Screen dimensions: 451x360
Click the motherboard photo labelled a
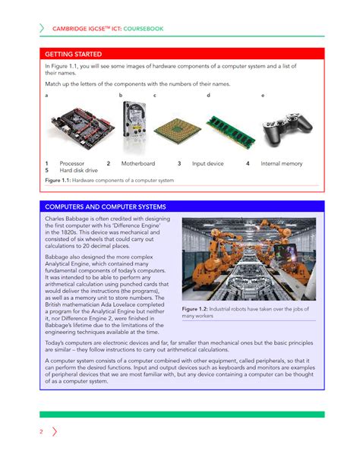(76, 128)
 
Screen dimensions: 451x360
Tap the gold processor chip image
(177, 130)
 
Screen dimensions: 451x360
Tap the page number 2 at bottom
(41, 432)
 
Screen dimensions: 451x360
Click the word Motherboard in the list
(137, 163)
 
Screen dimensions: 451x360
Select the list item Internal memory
(282, 163)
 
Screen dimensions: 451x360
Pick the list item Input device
(207, 163)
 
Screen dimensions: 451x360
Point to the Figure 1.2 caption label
(198, 310)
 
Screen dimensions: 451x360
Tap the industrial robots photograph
(251, 259)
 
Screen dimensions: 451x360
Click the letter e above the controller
(263, 96)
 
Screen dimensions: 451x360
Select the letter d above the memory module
(208, 96)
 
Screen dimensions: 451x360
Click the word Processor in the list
(72, 163)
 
